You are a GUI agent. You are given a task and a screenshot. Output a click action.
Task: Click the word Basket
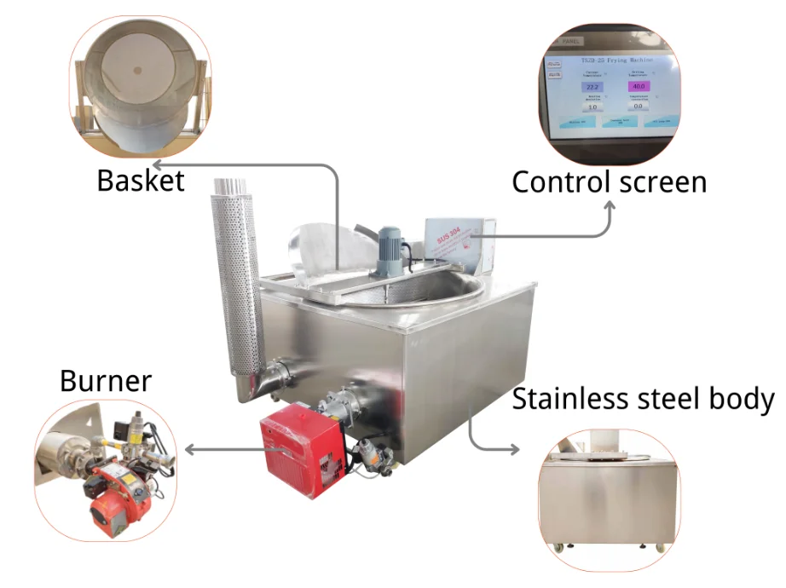coord(141,181)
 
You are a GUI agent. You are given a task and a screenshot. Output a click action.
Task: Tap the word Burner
coord(106,381)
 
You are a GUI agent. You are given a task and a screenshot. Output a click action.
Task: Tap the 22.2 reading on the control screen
coord(592,87)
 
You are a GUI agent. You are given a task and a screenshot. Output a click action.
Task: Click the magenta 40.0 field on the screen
coord(639,87)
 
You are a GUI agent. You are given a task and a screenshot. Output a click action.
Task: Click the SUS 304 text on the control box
coord(448,239)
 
